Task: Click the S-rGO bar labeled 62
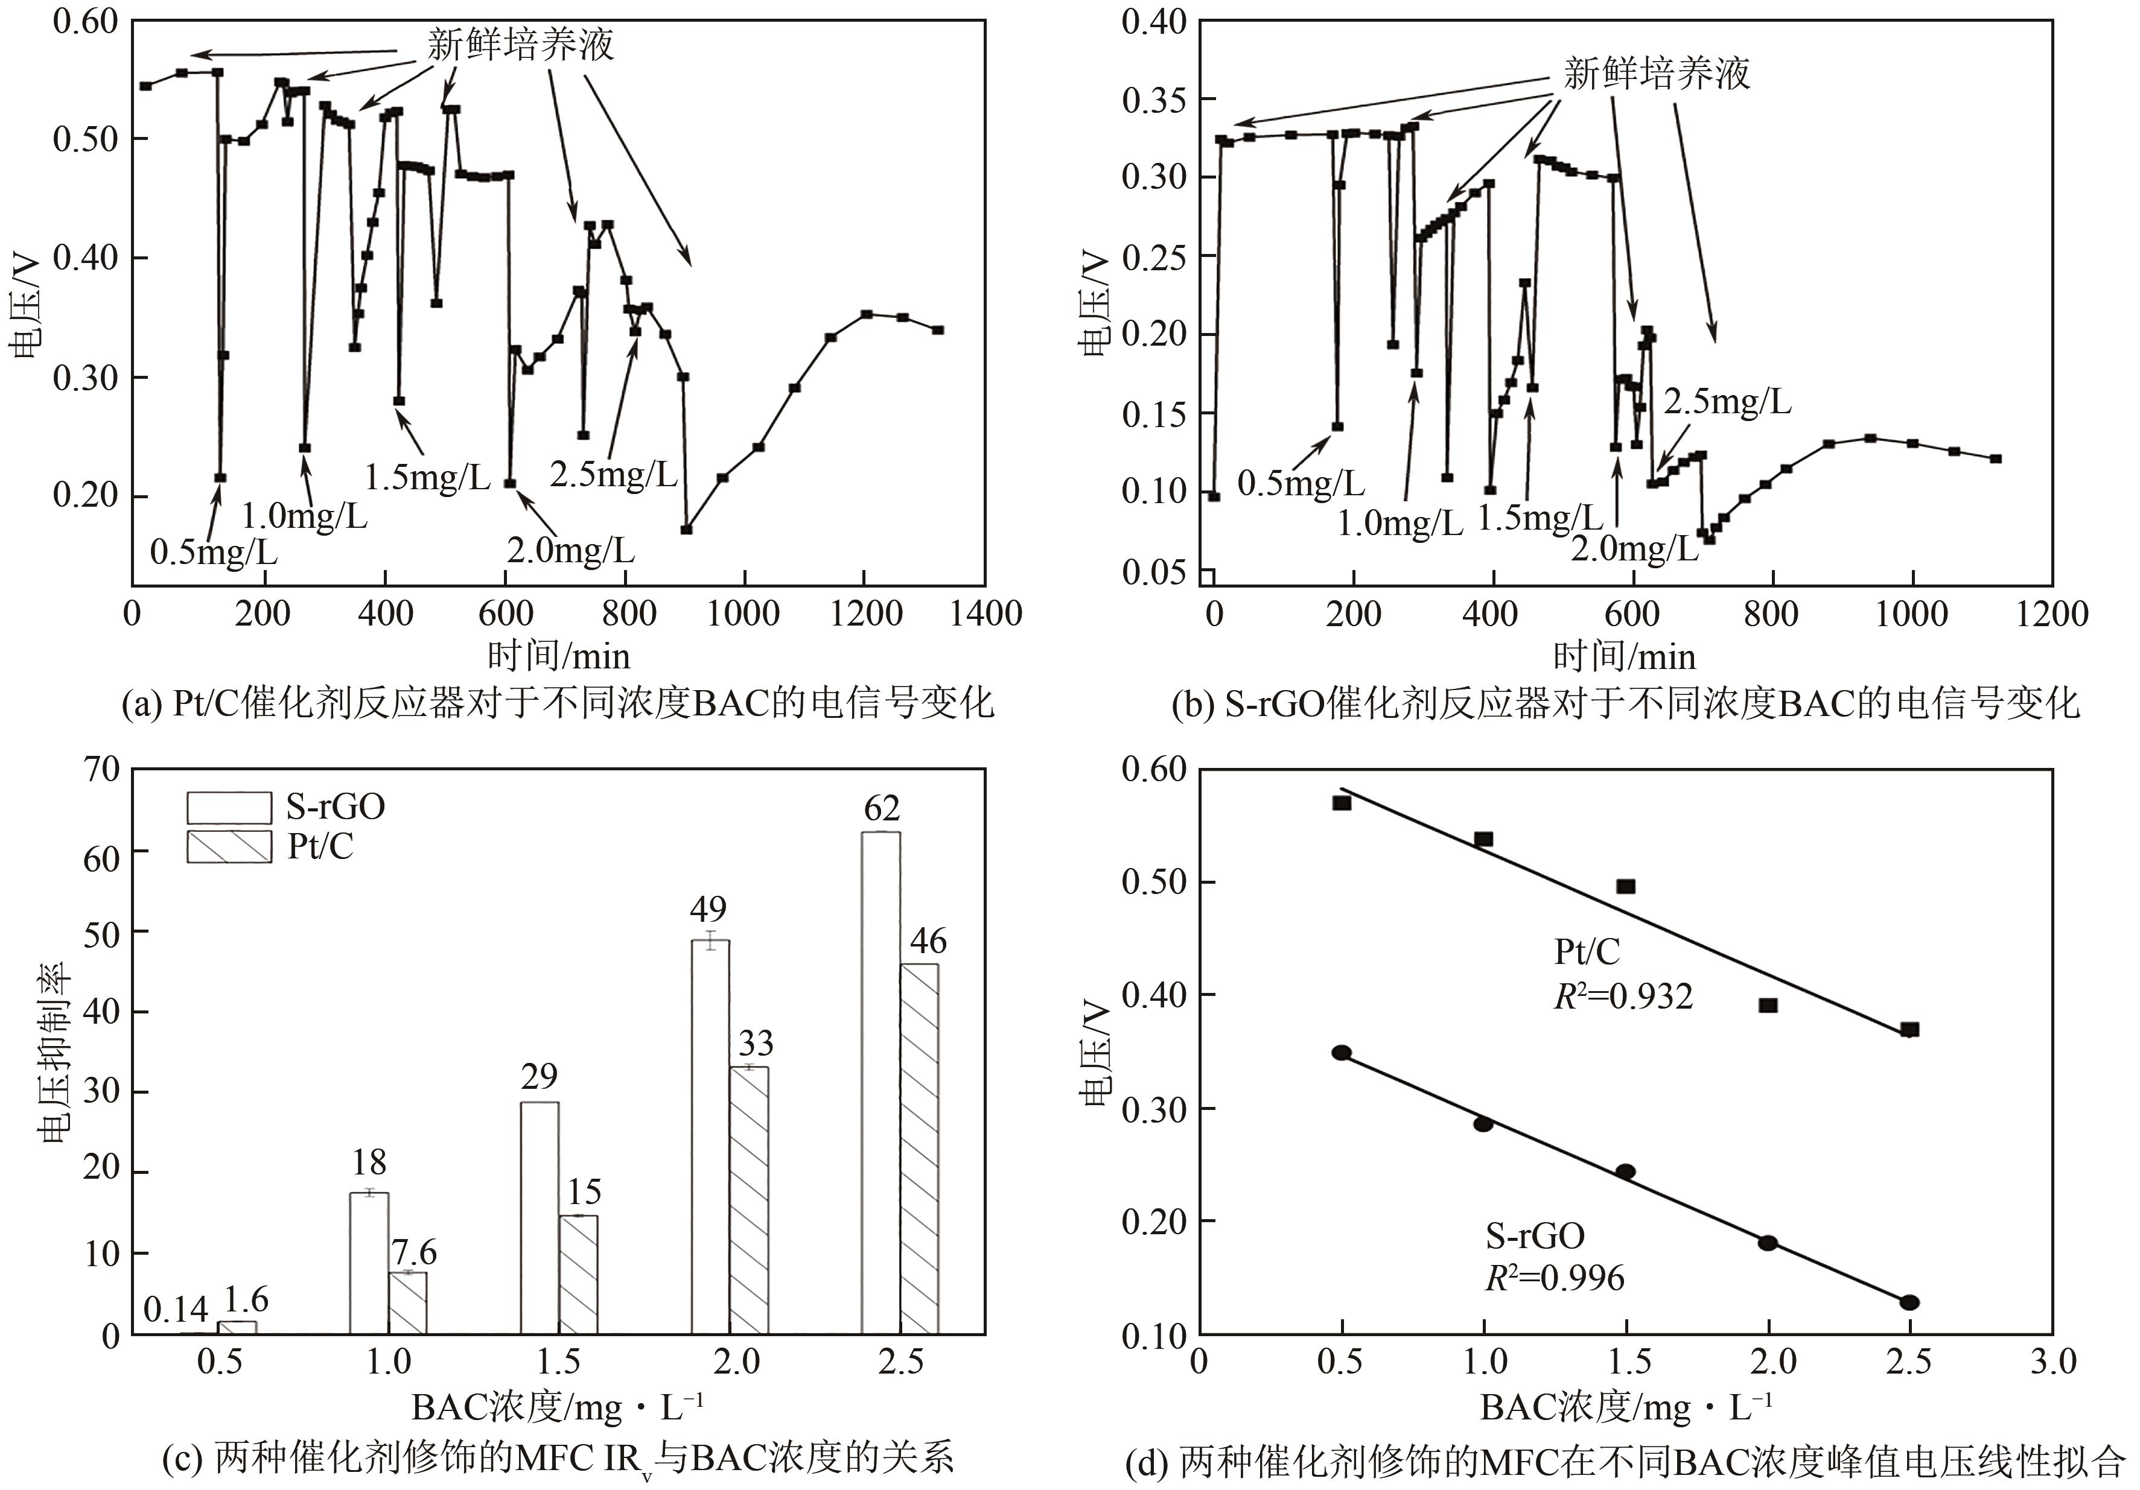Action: [880, 1081]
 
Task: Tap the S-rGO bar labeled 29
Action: [540, 1217]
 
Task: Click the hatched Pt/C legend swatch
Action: [229, 846]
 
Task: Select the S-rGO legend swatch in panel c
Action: [229, 806]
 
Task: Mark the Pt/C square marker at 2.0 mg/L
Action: [1767, 1004]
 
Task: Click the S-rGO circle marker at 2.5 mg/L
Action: [1909, 1302]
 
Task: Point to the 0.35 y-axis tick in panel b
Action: [1154, 100]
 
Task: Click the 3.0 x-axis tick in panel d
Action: [2051, 1362]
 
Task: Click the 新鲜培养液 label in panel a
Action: [520, 44]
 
